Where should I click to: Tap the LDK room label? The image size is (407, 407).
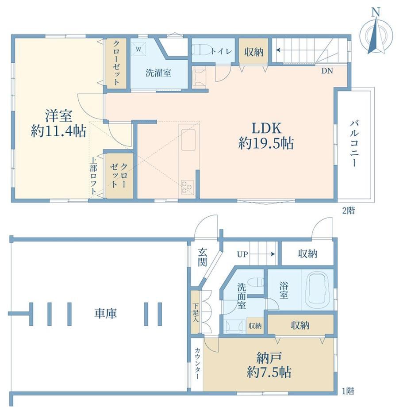click(x=266, y=128)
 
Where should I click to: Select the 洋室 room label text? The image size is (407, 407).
click(x=59, y=116)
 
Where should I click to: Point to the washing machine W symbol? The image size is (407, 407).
click(x=138, y=49)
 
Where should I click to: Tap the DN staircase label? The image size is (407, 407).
click(x=327, y=71)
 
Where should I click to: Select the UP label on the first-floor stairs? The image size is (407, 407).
click(x=242, y=254)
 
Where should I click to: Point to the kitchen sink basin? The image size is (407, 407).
click(x=188, y=140)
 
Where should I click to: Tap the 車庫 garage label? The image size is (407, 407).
click(x=105, y=313)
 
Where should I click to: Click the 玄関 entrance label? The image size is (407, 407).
click(x=203, y=257)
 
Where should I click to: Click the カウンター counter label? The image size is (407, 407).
click(x=197, y=363)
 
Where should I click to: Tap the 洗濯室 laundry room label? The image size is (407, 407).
click(x=158, y=73)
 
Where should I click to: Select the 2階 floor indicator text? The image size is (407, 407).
click(x=348, y=210)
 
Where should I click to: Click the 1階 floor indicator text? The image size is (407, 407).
click(x=348, y=391)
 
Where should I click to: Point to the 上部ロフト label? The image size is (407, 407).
click(x=93, y=176)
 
